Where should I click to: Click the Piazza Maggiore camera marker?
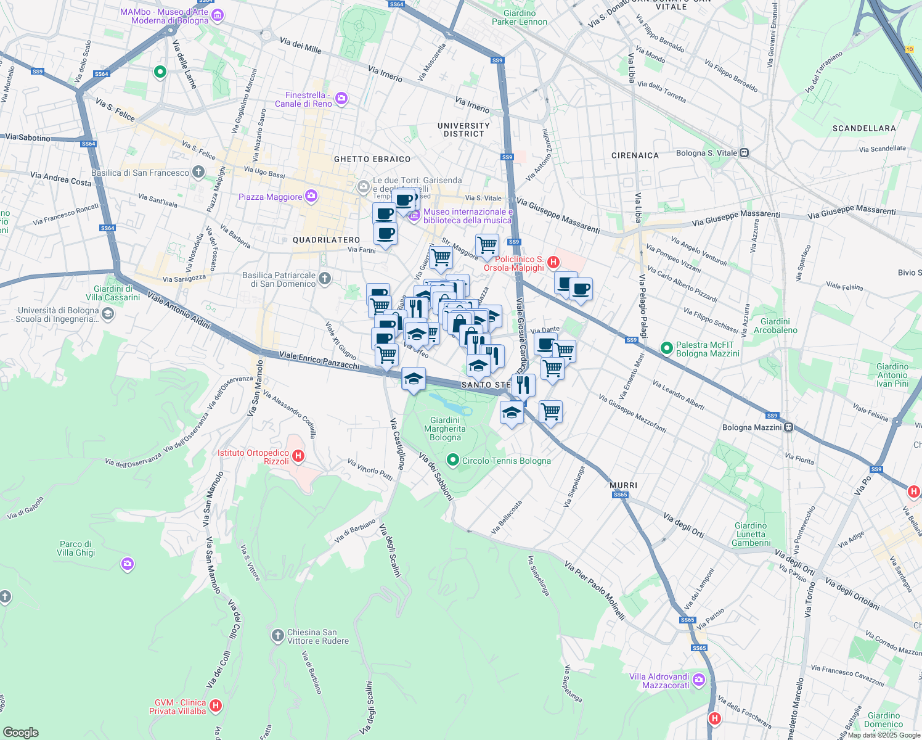click(x=311, y=196)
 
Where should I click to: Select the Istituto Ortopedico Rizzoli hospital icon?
click(x=298, y=456)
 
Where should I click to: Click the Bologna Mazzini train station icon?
click(x=788, y=427)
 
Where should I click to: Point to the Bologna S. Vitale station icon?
click(x=745, y=153)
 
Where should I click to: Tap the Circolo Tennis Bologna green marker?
click(x=453, y=460)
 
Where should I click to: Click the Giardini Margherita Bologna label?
click(x=445, y=429)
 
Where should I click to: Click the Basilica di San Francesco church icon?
click(x=198, y=172)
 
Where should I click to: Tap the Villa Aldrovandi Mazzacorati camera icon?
click(x=698, y=680)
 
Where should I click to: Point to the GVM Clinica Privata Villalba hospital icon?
click(x=215, y=705)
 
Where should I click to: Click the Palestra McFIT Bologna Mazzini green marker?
click(x=666, y=348)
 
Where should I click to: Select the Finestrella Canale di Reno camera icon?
click(x=341, y=99)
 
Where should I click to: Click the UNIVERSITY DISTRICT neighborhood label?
click(x=463, y=129)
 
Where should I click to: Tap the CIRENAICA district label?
click(x=635, y=155)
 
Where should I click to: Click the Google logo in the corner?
click(x=21, y=732)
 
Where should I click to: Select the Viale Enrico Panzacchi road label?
click(x=319, y=360)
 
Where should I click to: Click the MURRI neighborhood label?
click(x=623, y=485)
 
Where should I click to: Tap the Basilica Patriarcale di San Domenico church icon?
click(x=325, y=279)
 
